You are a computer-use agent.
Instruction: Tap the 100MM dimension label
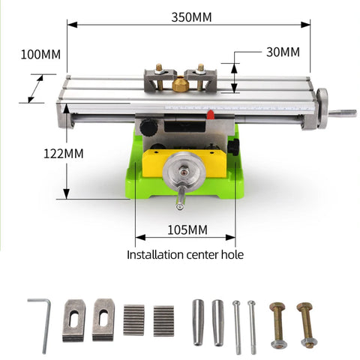[41, 55]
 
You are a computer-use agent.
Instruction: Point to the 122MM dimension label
[63, 153]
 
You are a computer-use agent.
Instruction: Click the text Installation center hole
[184, 254]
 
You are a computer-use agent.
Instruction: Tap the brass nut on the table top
[180, 85]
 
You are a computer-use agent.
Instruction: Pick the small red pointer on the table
[211, 115]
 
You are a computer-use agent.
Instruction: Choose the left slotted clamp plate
[74, 319]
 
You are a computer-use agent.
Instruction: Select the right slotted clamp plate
[103, 319]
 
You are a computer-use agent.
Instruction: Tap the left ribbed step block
[133, 319]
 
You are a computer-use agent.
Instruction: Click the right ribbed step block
[163, 319]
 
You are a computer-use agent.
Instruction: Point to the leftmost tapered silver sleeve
[198, 322]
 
